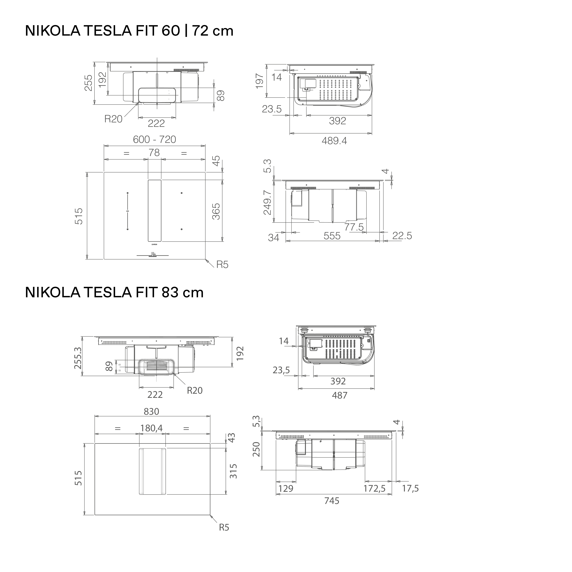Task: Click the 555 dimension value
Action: [332, 236]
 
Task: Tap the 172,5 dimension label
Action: [375, 488]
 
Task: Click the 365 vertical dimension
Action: [216, 211]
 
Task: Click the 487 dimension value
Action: [339, 395]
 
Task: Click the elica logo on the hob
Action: [155, 245]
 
